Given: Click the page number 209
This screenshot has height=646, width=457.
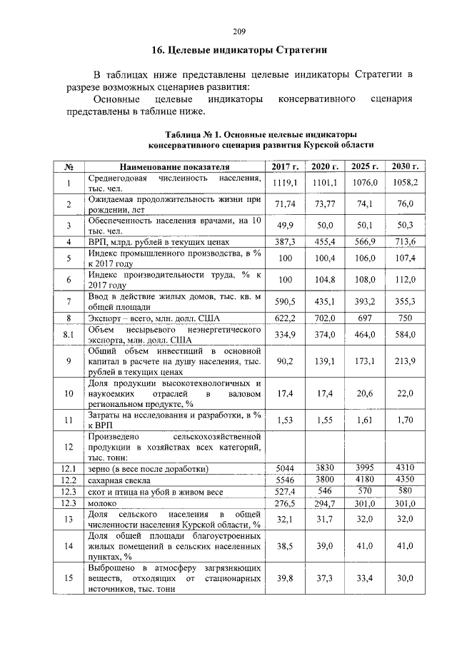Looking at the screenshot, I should click(239, 31).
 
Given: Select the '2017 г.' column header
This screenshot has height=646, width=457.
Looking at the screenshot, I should click(285, 167).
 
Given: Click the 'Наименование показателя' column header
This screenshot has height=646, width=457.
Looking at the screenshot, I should click(176, 167).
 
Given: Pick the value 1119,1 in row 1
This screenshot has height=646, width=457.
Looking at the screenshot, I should click(285, 183).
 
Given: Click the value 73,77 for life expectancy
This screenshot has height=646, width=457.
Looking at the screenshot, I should click(325, 205).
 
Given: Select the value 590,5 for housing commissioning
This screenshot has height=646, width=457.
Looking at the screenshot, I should click(285, 302).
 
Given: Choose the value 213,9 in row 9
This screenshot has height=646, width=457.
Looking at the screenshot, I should click(405, 362).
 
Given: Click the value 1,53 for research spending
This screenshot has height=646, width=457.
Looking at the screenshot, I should click(285, 421).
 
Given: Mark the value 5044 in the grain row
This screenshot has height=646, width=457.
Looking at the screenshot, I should click(285, 468).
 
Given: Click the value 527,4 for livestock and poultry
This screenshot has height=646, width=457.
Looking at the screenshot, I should click(285, 492).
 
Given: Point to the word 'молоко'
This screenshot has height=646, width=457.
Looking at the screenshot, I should click(104, 504).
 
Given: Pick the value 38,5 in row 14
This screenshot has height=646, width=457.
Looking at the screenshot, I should click(285, 545).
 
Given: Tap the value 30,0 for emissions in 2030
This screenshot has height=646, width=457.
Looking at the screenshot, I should click(405, 579).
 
